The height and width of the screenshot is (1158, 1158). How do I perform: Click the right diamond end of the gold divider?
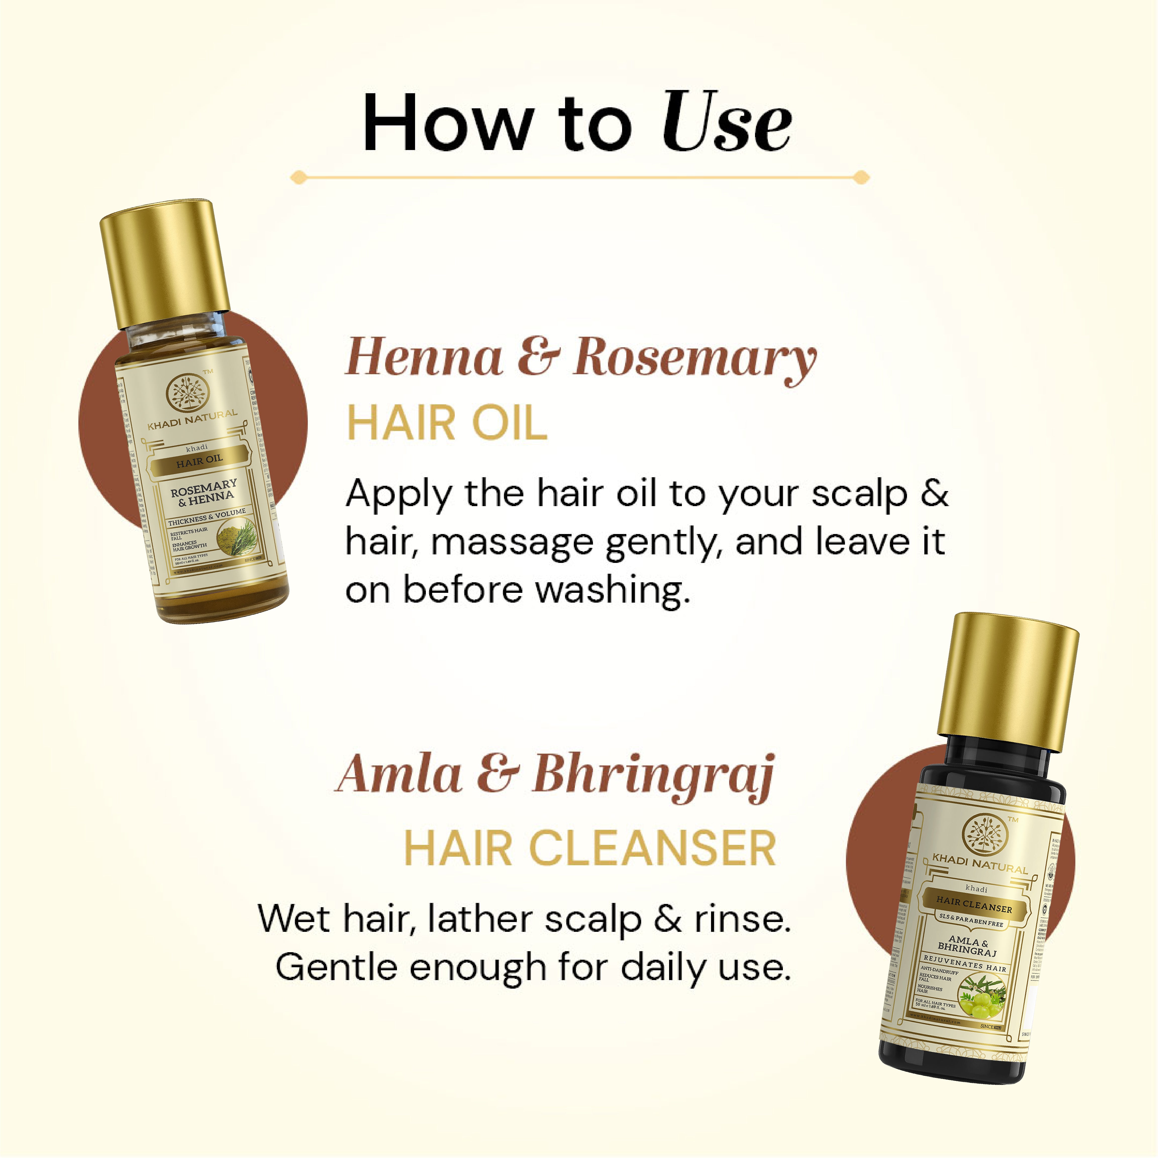point(861,177)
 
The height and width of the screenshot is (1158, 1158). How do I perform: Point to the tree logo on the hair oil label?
point(187,393)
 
